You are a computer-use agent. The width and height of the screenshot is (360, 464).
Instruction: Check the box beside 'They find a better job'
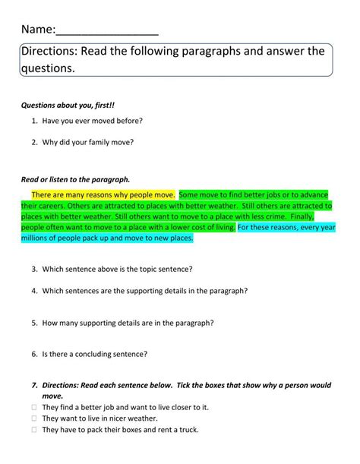(35, 407)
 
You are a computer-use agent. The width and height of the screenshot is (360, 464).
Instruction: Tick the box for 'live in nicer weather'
(35, 418)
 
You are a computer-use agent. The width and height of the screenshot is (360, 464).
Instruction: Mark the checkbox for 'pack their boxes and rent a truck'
(35, 429)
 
